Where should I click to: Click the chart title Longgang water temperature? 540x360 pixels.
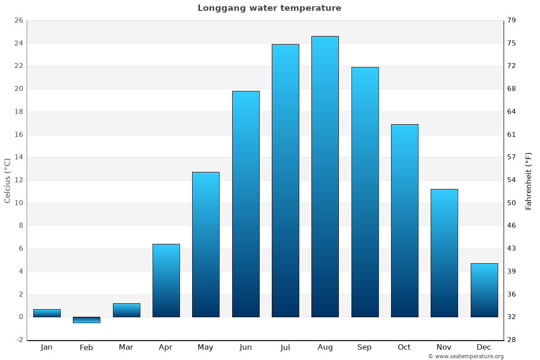coord(269,8)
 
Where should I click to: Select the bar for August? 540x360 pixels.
coord(325,176)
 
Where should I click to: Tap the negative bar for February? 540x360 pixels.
coord(86,319)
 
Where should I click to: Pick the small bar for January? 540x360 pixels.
coord(47,313)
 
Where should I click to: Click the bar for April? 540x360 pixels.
coord(166,280)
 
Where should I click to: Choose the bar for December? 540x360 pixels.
coord(484,290)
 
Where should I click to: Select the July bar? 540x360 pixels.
coord(285,180)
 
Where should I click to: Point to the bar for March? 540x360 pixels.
coord(126,310)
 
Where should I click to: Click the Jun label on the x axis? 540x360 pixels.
coord(246,347)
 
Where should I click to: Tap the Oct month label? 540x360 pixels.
coord(404,347)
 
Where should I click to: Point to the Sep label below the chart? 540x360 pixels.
coord(364,347)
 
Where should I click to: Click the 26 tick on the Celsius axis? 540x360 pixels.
coord(18,20)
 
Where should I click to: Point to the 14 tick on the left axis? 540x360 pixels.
coord(18,157)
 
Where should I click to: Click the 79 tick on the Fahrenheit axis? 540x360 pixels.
coord(512,20)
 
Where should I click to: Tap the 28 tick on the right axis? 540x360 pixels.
coord(512,340)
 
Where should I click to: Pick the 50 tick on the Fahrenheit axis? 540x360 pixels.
coord(512,203)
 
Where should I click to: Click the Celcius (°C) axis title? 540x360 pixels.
coord(7,180)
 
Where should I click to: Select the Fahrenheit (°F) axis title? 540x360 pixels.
coord(529,180)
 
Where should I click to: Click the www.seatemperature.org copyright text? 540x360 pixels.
coord(466,356)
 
